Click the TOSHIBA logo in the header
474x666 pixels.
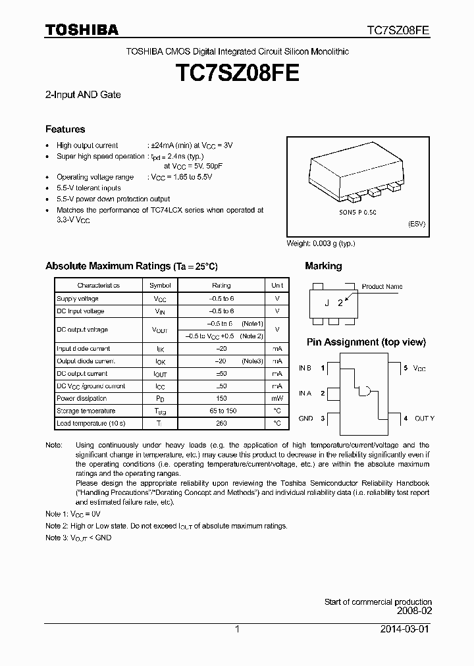pyautogui.click(x=82, y=30)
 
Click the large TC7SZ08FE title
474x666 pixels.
pyautogui.click(x=237, y=72)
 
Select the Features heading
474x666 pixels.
pyautogui.click(x=65, y=129)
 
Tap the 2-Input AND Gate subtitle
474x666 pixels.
pyautogui.click(x=83, y=95)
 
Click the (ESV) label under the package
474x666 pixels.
pyautogui.click(x=417, y=224)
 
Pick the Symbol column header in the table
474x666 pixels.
pyautogui.click(x=160, y=286)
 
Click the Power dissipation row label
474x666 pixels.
pyautogui.click(x=82, y=398)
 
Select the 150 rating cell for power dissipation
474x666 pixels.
pyautogui.click(x=221, y=398)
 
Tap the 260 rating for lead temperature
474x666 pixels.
pyautogui.click(x=221, y=423)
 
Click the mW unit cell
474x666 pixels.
pyautogui.click(x=277, y=398)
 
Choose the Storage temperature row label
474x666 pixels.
pyautogui.click(x=86, y=411)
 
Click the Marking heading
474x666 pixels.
pyautogui.click(x=323, y=266)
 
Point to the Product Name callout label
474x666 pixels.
pyautogui.click(x=382, y=287)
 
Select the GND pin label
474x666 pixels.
pyautogui.click(x=305, y=418)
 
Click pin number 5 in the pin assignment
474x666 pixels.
pyautogui.click(x=406, y=368)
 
